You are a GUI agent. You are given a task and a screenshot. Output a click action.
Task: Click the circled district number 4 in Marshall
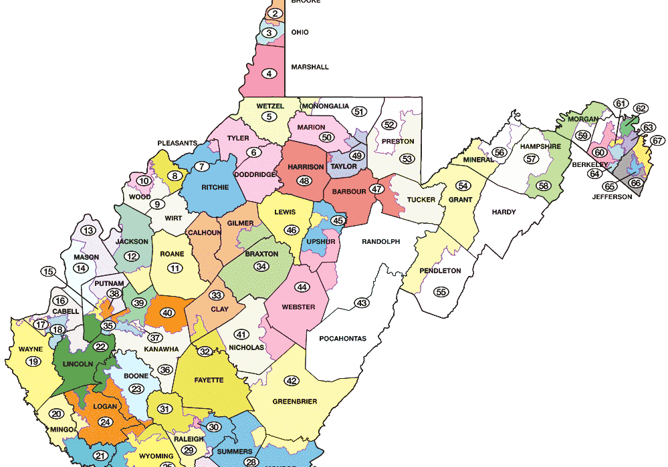click(x=269, y=73)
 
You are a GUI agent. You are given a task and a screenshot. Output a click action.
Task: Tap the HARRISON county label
click(x=306, y=166)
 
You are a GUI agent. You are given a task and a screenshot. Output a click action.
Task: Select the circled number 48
click(x=305, y=180)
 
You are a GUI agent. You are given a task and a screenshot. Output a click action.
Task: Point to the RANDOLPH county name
click(x=380, y=241)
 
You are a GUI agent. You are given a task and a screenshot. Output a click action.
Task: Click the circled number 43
click(x=362, y=303)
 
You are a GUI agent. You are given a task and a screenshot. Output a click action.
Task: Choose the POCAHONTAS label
click(x=342, y=339)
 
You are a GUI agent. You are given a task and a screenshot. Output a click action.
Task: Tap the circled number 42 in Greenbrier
click(x=292, y=381)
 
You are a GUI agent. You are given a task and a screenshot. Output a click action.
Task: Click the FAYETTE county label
click(x=209, y=379)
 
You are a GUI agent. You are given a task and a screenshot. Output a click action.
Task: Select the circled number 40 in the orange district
click(x=168, y=313)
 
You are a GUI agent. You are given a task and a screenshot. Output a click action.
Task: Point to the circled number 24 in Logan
click(x=104, y=422)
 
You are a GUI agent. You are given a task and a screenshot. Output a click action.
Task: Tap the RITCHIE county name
click(x=215, y=188)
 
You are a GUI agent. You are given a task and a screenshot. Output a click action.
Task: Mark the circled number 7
click(x=201, y=166)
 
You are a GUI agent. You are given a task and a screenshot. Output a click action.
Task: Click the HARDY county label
click(x=504, y=212)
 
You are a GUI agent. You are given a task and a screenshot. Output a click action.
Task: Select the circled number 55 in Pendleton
click(x=441, y=291)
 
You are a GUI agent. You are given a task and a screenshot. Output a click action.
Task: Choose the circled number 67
click(x=658, y=140)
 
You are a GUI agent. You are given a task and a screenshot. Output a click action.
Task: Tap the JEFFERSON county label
click(x=612, y=197)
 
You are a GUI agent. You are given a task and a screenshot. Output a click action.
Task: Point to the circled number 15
click(x=47, y=271)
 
